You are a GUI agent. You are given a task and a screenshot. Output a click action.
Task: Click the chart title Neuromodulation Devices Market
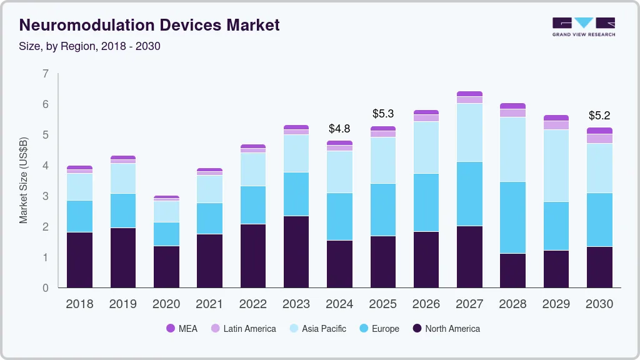(149, 25)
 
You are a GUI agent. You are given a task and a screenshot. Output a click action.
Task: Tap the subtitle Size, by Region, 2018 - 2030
(90, 46)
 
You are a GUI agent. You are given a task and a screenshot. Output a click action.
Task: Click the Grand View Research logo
(584, 26)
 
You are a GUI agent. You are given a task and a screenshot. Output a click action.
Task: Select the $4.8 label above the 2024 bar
(339, 129)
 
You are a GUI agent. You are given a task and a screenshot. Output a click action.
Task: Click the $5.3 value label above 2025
(383, 114)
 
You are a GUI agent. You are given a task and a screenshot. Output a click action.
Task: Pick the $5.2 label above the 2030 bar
(599, 116)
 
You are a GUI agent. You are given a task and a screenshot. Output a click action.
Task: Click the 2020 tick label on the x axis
(166, 304)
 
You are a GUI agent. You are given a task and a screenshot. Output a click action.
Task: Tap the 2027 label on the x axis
(469, 304)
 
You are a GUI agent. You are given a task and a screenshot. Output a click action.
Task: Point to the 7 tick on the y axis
(45, 74)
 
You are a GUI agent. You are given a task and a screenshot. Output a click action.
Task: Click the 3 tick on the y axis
(45, 197)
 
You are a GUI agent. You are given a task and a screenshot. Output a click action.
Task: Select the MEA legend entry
(181, 329)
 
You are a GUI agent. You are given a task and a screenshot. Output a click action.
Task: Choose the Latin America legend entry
(243, 329)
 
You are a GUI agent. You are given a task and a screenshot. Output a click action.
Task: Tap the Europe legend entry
(379, 329)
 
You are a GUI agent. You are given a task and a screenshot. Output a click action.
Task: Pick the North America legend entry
(446, 329)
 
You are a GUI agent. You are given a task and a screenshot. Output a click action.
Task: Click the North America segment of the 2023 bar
(296, 252)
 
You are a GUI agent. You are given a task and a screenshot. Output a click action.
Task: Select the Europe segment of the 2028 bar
(512, 217)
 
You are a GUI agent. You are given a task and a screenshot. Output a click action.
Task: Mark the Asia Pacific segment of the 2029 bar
(556, 166)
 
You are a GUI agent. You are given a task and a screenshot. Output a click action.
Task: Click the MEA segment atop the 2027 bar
(469, 94)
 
